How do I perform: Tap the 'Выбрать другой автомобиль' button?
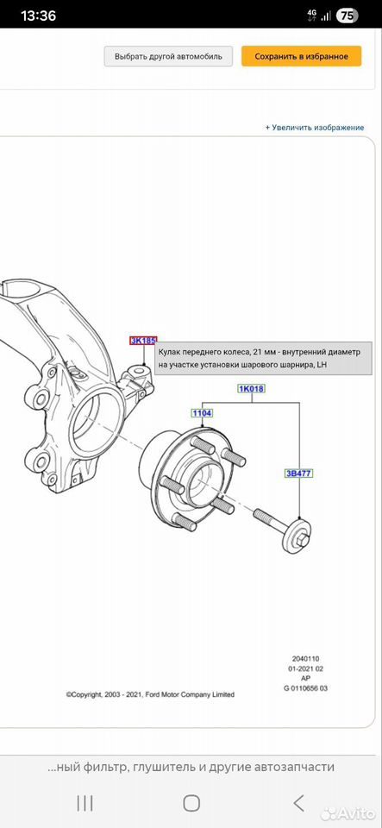pyautogui.click(x=168, y=56)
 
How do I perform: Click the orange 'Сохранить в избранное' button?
pyautogui.click(x=301, y=56)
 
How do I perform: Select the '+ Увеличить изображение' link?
pyautogui.click(x=315, y=128)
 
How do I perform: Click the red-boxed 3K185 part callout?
pyautogui.click(x=143, y=341)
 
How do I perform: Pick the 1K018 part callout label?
pyautogui.click(x=252, y=389)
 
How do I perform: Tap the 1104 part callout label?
pyautogui.click(x=202, y=413)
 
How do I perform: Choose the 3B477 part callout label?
pyautogui.click(x=299, y=474)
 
